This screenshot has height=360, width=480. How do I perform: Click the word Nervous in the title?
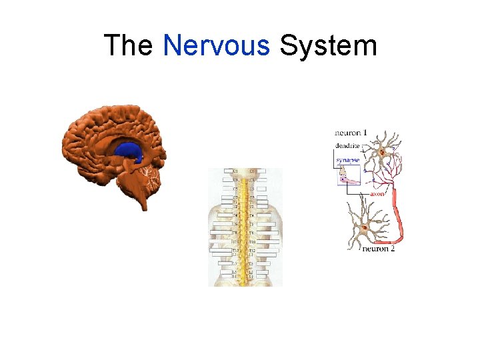click(216, 46)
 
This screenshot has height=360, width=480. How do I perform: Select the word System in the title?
click(328, 46)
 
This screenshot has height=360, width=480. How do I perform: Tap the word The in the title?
click(129, 46)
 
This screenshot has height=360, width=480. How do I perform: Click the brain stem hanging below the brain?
click(141, 197)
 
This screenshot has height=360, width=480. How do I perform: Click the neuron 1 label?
click(351, 133)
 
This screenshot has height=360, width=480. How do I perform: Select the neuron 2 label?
click(379, 249)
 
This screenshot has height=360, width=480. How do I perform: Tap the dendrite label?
click(347, 145)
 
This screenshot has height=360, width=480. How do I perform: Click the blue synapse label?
click(347, 160)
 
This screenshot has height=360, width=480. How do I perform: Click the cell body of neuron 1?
click(383, 153)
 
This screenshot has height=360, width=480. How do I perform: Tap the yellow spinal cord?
click(245, 227)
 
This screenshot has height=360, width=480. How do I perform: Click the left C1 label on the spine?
click(235, 171)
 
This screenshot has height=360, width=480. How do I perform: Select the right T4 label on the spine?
click(251, 216)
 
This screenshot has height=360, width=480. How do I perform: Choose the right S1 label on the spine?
click(251, 275)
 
